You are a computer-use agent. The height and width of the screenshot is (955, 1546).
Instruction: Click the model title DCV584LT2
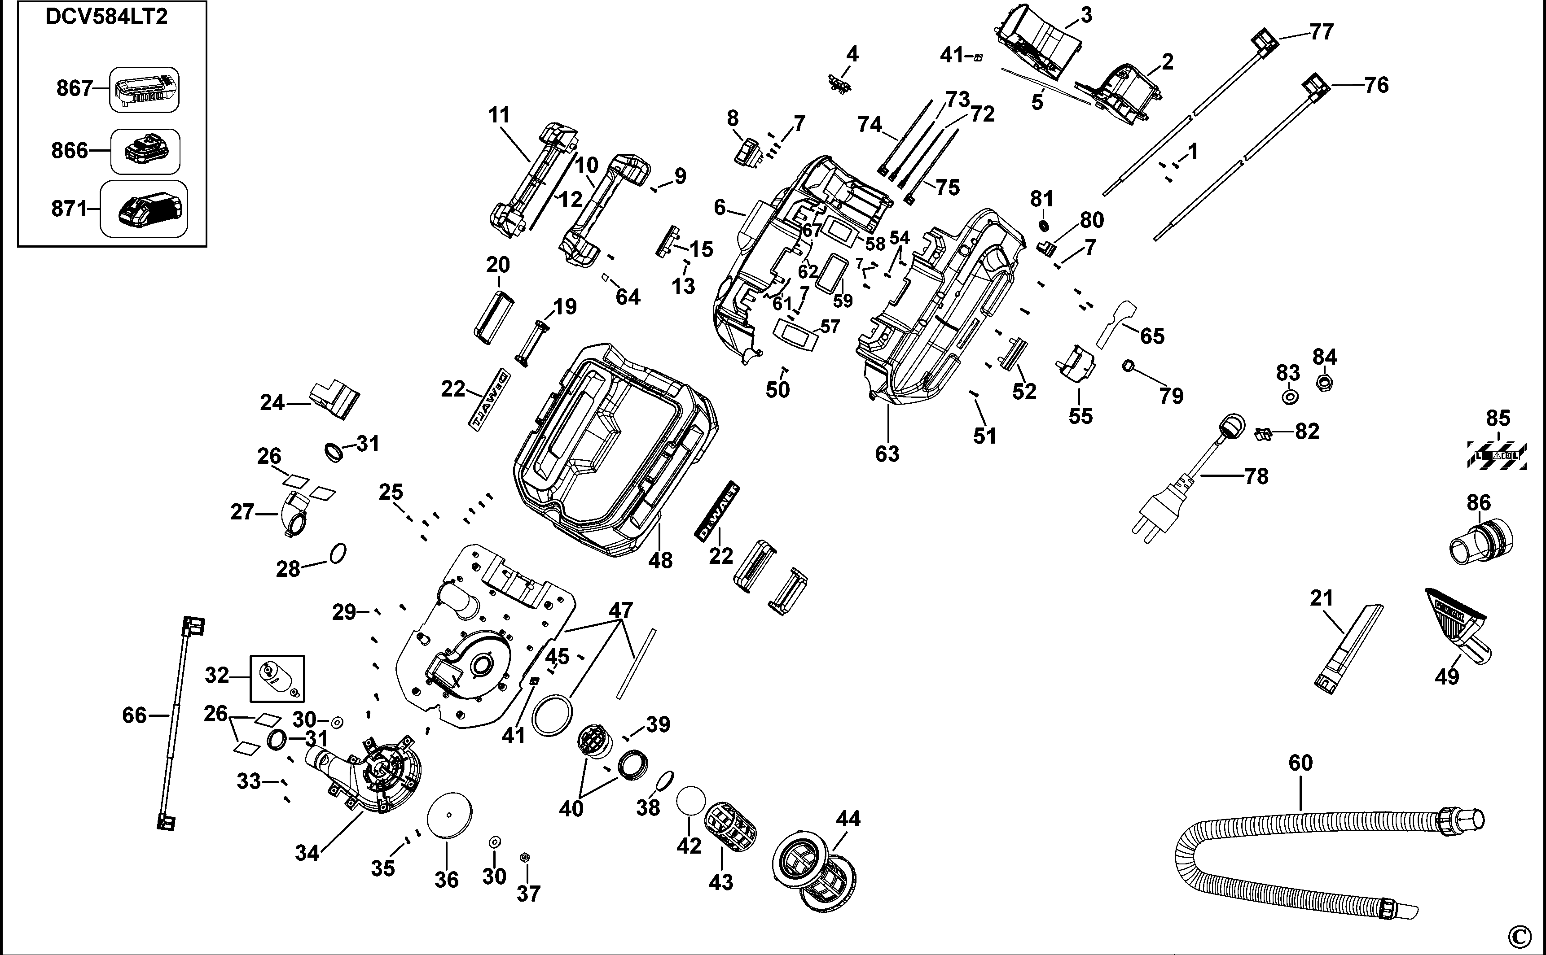106,17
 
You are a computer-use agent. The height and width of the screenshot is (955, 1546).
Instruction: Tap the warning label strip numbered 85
1497,455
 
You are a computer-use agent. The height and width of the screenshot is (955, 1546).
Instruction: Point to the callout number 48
660,560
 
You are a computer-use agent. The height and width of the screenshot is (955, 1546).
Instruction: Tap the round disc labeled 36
449,815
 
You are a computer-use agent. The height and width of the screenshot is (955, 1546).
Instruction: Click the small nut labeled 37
523,857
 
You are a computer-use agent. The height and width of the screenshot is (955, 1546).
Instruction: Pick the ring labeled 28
338,553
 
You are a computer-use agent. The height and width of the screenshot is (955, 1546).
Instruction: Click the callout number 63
886,454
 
